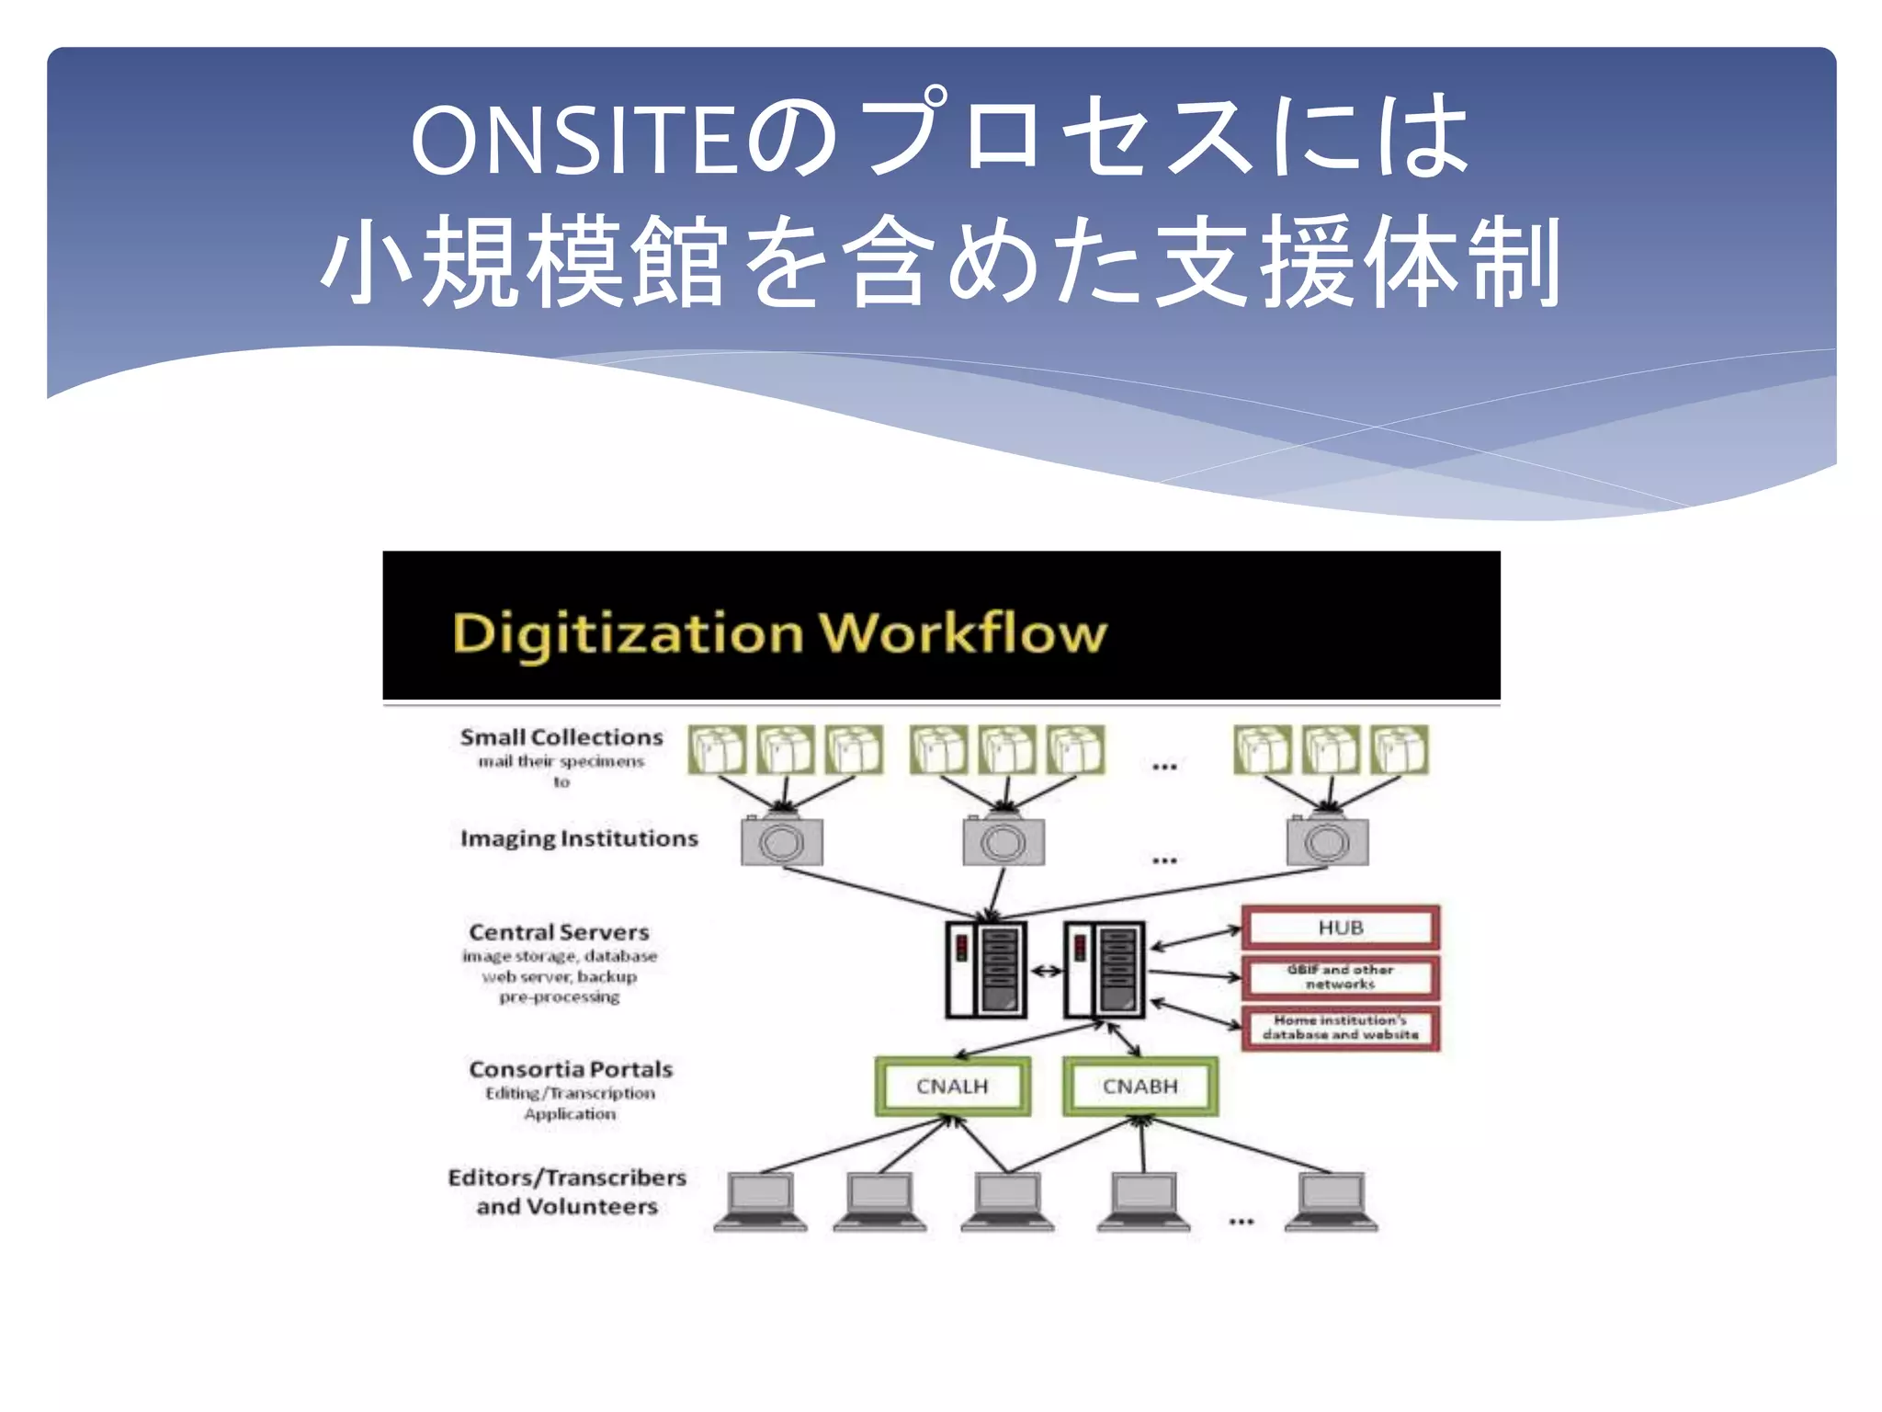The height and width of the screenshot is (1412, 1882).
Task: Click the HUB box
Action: click(1340, 928)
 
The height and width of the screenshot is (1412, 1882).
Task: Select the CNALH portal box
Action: click(952, 1087)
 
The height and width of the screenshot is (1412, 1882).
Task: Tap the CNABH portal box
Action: click(1139, 1087)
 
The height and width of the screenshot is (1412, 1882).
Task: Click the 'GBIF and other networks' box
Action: click(1340, 977)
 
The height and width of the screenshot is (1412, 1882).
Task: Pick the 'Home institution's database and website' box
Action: click(1340, 1028)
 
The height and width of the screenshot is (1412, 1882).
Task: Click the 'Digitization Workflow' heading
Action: click(779, 633)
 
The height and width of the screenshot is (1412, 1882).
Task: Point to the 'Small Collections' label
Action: click(561, 737)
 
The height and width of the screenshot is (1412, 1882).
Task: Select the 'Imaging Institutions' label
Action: click(579, 838)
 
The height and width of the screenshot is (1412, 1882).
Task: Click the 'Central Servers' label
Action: click(559, 932)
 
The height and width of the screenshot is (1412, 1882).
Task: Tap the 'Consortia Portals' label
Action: click(571, 1069)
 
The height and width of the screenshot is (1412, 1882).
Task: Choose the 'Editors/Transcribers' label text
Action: click(567, 1178)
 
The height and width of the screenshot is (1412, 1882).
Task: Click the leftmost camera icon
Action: click(782, 840)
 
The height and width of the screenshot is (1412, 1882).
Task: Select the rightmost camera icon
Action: click(1327, 840)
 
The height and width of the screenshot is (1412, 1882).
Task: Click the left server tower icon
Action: click(986, 970)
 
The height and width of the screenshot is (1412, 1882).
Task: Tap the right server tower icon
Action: click(1104, 970)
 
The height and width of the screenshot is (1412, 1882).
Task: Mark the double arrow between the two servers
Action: click(1045, 971)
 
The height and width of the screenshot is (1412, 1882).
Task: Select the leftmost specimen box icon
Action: click(717, 750)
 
